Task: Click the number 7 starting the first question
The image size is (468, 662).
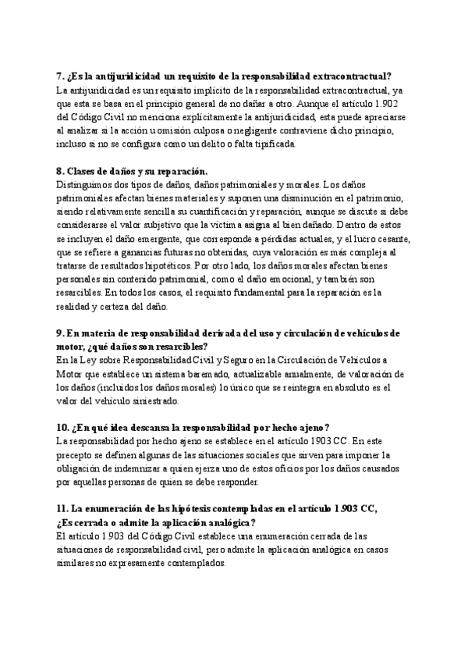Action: (59, 76)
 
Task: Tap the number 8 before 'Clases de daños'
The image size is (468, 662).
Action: (59, 171)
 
